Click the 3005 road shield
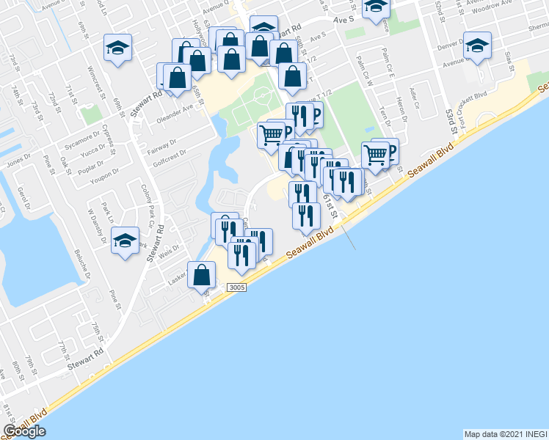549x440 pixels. [236, 287]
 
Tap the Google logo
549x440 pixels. [24, 431]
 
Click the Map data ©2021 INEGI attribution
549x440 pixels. [505, 434]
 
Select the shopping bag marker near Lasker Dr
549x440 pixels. [202, 276]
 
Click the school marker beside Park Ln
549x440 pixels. [126, 240]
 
